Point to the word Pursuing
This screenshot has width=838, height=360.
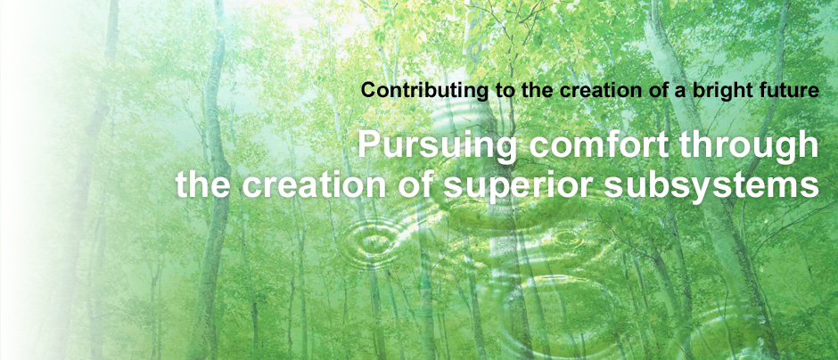(x=437, y=146)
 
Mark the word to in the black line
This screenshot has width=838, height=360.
(x=500, y=91)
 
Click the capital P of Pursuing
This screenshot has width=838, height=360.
(x=368, y=144)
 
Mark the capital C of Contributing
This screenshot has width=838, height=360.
(x=368, y=90)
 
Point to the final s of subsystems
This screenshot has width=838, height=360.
(x=810, y=188)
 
